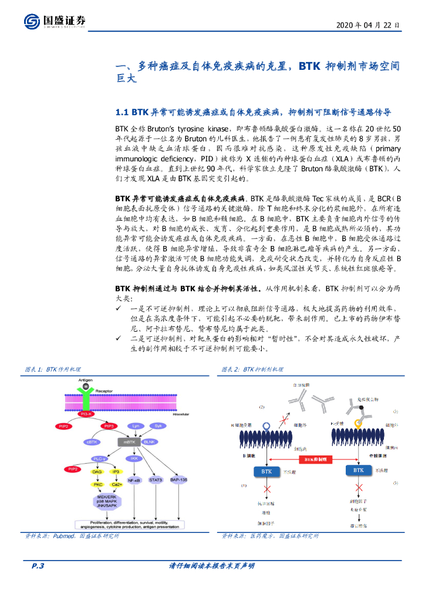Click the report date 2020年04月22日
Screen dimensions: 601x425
pos(369,26)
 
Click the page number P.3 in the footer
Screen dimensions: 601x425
pos(38,566)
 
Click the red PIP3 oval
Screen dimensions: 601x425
pos(109,426)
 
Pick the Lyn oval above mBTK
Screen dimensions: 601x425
pos(136,426)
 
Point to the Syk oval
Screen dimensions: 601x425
pos(158,426)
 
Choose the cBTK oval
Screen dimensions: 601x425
pos(92,442)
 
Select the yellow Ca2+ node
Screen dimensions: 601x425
pos(116,484)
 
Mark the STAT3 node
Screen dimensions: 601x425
pos(156,480)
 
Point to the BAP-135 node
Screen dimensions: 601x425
pos(179,480)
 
